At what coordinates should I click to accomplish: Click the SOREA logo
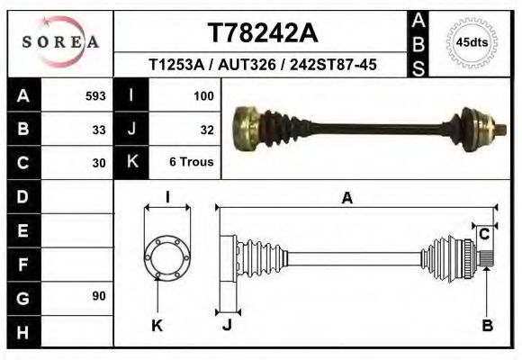pyautogui.click(x=60, y=42)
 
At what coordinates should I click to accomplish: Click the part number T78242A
pyautogui.click(x=262, y=32)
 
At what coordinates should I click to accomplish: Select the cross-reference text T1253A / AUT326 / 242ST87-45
pyautogui.click(x=262, y=65)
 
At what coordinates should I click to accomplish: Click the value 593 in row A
pyautogui.click(x=95, y=95)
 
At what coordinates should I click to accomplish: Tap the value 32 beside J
pyautogui.click(x=206, y=129)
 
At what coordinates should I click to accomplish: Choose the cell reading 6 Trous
pyautogui.click(x=192, y=163)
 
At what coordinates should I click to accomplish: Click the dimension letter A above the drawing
pyautogui.click(x=346, y=200)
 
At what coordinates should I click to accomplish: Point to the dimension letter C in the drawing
pyautogui.click(x=484, y=234)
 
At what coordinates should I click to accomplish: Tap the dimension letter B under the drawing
pyautogui.click(x=487, y=326)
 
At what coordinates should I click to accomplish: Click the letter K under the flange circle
pyautogui.click(x=157, y=326)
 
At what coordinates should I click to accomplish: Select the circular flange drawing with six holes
pyautogui.click(x=167, y=256)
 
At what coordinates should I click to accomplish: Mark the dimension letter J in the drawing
pyautogui.click(x=227, y=326)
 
